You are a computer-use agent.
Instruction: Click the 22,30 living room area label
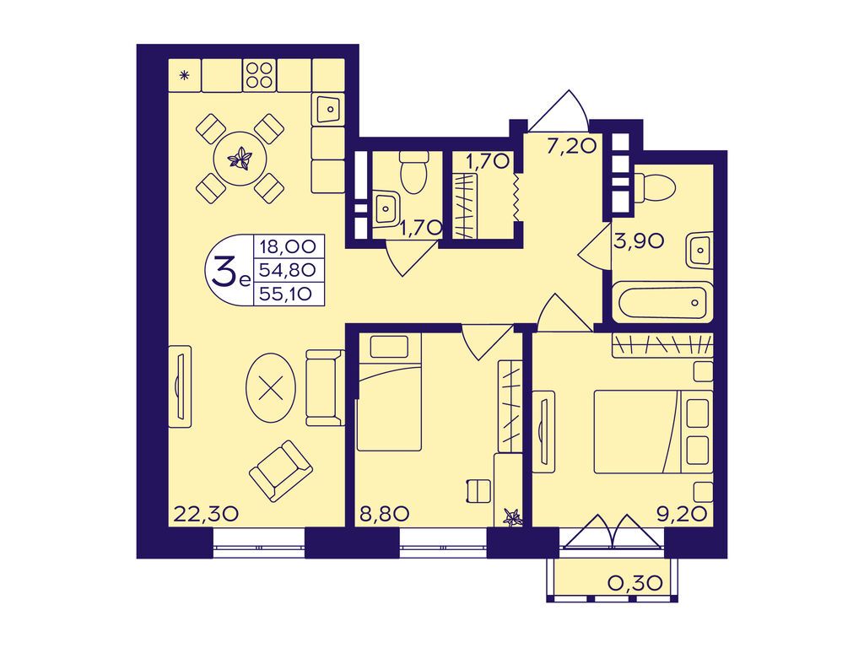click(x=206, y=514)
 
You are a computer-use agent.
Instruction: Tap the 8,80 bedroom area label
click(x=384, y=514)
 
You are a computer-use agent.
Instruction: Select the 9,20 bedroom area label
click(x=681, y=514)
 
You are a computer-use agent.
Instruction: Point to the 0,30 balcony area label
click(x=634, y=582)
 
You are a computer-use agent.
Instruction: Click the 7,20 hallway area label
click(x=571, y=146)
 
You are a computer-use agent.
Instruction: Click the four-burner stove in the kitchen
click(x=259, y=75)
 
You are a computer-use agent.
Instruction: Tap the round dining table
click(x=240, y=159)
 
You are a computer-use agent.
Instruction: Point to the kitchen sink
click(x=330, y=108)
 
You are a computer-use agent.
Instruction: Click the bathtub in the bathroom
click(x=663, y=301)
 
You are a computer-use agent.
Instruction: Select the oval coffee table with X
click(x=269, y=388)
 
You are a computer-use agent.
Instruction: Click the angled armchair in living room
click(x=281, y=471)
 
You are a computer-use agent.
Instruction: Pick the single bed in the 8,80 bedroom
click(x=389, y=392)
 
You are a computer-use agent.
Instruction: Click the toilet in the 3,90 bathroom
click(x=656, y=188)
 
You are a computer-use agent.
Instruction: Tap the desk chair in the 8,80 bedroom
click(x=478, y=490)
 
